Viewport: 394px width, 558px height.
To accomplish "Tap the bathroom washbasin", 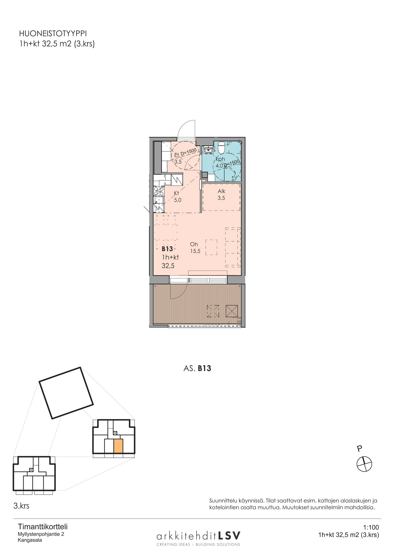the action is [208, 150].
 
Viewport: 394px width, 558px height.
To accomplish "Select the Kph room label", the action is [220, 159].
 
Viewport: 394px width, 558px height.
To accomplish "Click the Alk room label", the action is [221, 191].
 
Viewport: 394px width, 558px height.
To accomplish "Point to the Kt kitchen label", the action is [177, 193].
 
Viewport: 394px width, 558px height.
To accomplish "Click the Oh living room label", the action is [194, 244].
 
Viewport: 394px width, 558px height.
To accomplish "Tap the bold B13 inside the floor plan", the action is [167, 249].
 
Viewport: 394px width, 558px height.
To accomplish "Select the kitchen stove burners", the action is [159, 191].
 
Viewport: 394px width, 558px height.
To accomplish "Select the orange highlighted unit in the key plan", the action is [118, 446].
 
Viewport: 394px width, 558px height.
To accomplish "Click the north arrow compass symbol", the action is [364, 464].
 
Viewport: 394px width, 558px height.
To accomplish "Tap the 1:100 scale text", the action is [371, 527].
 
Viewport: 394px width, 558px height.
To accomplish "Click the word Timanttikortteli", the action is [43, 527].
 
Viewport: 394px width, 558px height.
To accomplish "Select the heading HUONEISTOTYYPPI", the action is [53, 34].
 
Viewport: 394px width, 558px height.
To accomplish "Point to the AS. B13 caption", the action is [197, 368].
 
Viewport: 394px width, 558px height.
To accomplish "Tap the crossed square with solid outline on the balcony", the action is [232, 311].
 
